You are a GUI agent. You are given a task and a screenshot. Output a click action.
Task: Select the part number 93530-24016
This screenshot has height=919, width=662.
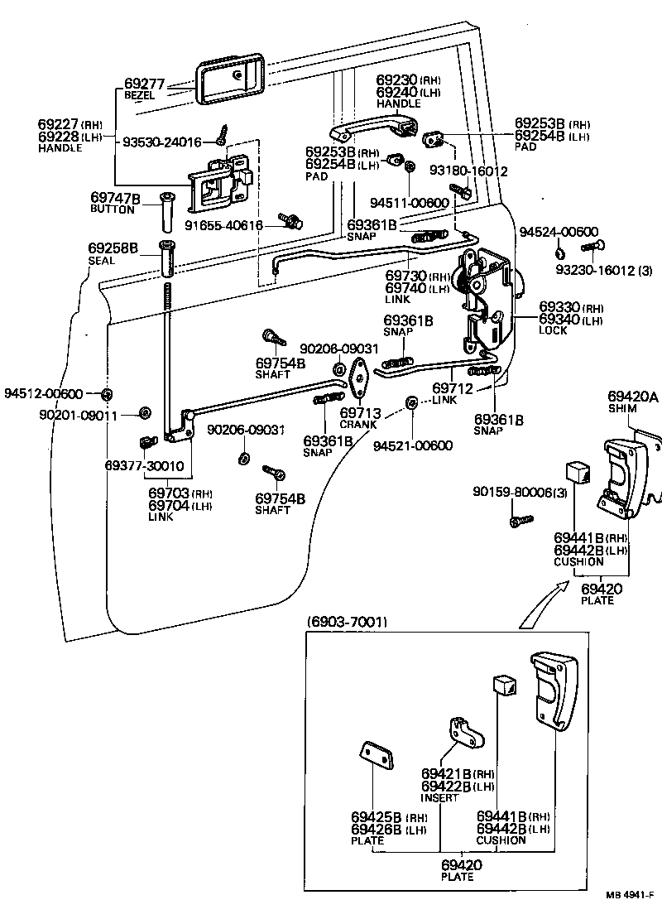(x=162, y=142)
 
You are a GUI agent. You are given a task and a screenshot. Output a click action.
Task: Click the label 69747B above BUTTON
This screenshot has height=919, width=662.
(x=115, y=199)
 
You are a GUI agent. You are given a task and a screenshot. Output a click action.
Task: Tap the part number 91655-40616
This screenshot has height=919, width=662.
(x=223, y=224)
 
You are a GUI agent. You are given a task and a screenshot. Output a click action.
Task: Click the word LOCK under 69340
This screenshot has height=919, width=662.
(x=553, y=330)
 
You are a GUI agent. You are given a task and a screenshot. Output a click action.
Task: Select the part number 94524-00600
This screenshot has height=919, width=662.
(x=559, y=231)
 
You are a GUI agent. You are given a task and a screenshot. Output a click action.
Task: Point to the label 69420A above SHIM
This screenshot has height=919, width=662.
(x=633, y=397)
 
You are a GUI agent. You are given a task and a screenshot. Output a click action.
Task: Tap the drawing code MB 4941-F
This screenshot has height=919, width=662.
(x=631, y=896)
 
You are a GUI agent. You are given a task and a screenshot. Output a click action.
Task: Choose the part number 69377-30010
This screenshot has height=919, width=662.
(x=146, y=465)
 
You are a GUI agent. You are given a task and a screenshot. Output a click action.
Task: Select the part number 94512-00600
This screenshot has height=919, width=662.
(x=44, y=393)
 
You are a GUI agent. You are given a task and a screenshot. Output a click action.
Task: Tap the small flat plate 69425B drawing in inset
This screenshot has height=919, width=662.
(x=376, y=756)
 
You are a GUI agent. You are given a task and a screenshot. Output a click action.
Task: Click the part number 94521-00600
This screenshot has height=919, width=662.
(x=413, y=445)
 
